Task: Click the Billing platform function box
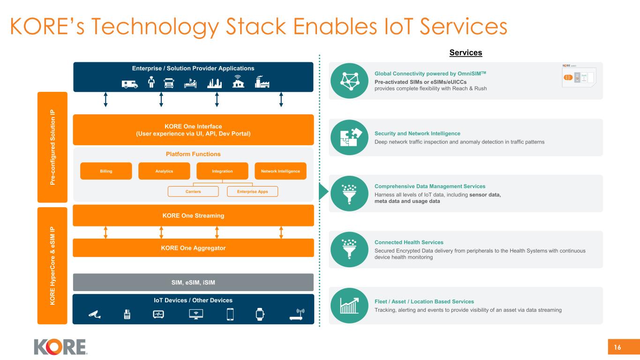(106, 171)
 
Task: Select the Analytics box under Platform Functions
(164, 171)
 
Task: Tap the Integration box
(222, 171)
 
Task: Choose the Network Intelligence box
(280, 171)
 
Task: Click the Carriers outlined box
(193, 191)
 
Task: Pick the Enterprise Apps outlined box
(252, 191)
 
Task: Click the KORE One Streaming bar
(193, 216)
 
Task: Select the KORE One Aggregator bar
(193, 247)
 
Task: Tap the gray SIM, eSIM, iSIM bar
(193, 282)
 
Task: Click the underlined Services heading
(466, 52)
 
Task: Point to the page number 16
(617, 347)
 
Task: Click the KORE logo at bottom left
(60, 347)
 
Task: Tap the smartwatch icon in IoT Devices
(260, 314)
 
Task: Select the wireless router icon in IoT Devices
(297, 314)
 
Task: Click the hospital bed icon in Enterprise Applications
(190, 83)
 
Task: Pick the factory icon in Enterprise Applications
(262, 82)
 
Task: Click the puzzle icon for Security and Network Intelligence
(349, 137)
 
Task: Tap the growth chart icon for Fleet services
(349, 306)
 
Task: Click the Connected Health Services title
(409, 242)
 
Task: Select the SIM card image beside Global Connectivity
(579, 76)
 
